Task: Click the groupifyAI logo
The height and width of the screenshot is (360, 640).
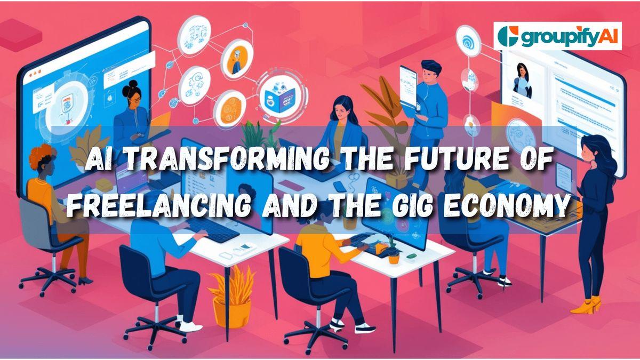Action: [x=557, y=36]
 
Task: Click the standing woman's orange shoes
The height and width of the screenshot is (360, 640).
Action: [x=586, y=306]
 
